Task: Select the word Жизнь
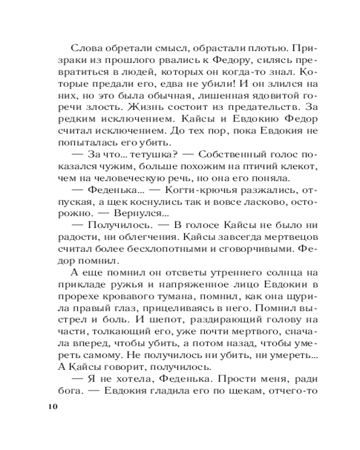click(x=144, y=108)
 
